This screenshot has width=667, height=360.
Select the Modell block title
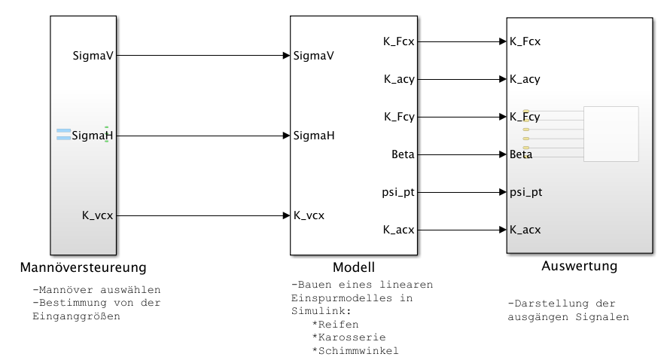coord(353,268)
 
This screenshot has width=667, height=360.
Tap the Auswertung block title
coord(579,267)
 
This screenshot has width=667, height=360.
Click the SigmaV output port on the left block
coord(93,56)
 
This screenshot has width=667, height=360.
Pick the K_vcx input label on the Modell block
coord(309,215)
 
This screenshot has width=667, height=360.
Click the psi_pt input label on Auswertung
coord(525,192)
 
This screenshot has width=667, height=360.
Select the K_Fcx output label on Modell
coord(398,41)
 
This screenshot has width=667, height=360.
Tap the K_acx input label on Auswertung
coord(525,230)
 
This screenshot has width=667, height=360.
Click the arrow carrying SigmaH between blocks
coord(203,136)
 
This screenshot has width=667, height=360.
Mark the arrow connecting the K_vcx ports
coord(203,215)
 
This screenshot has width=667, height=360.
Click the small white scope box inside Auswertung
coord(611,134)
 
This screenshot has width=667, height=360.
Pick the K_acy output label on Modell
coord(398,79)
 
